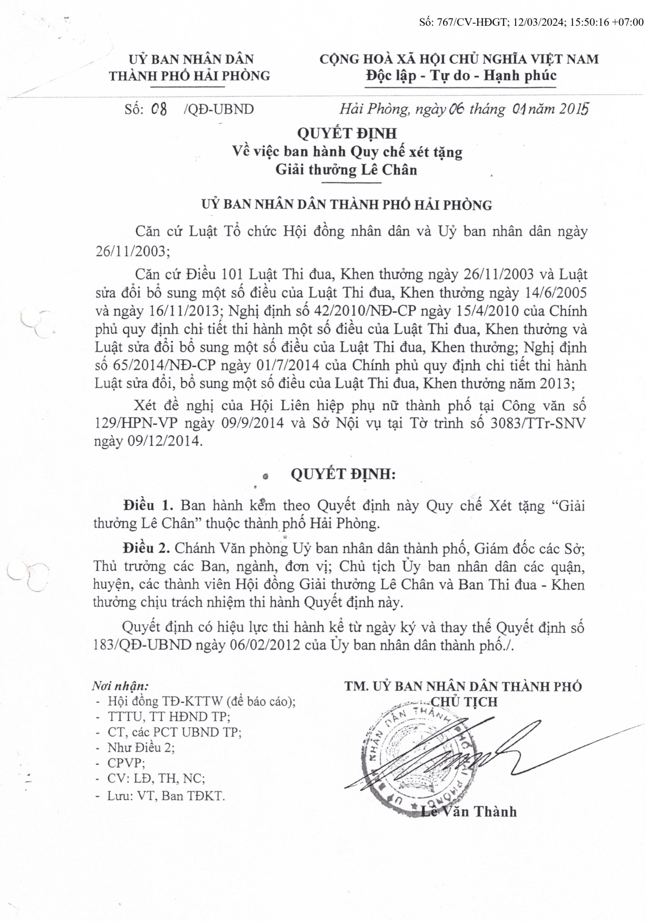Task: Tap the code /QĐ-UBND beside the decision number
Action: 219,109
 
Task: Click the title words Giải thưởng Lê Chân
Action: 346,170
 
